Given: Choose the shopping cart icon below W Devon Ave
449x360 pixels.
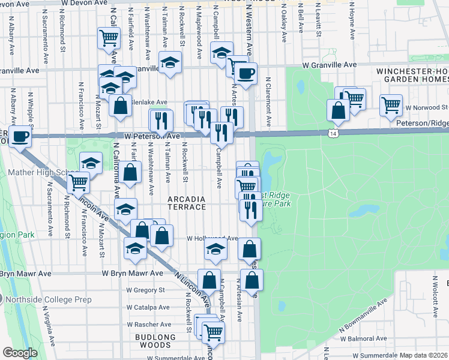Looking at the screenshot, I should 109,38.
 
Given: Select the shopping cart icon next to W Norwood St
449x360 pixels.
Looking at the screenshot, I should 391,104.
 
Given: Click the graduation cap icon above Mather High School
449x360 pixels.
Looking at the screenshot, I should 91,163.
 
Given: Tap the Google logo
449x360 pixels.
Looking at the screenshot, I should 20,353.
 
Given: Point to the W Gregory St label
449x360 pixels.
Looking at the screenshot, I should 145,290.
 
